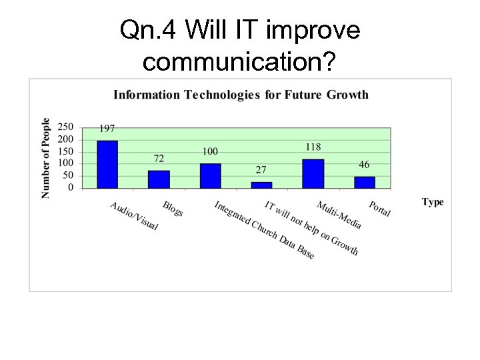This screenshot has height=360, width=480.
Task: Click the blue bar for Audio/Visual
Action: tap(107, 164)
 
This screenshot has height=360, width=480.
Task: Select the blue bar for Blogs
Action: tap(159, 179)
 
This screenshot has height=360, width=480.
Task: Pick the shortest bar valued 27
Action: tap(261, 185)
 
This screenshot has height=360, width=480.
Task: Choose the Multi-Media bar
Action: tap(313, 173)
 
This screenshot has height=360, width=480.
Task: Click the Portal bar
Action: tap(364, 182)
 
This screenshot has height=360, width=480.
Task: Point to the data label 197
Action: tap(107, 128)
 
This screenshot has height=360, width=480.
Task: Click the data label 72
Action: tap(159, 159)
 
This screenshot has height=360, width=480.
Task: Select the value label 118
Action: tap(313, 147)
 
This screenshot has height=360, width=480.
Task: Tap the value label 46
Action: tap(364, 165)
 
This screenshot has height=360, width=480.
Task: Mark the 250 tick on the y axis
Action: tap(65, 127)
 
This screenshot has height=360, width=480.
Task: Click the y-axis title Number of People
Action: tap(46, 158)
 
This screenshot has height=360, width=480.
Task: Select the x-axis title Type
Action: tap(433, 202)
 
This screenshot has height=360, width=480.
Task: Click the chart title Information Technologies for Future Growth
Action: tap(241, 94)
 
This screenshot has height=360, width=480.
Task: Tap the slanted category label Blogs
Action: tap(173, 209)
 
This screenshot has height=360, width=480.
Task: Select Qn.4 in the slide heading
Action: tap(148, 30)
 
